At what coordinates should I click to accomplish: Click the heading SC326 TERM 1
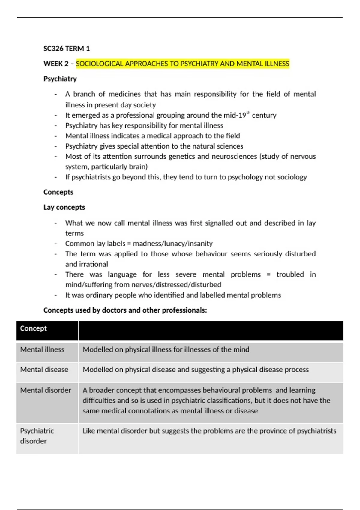click(67, 49)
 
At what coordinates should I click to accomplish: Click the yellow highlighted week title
click(182, 64)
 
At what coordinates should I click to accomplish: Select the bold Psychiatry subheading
click(60, 79)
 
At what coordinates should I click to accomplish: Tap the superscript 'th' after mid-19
click(248, 113)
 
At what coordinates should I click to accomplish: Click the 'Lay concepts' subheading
click(64, 207)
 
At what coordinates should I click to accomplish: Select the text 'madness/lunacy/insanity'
click(173, 244)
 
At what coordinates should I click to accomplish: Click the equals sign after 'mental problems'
click(268, 275)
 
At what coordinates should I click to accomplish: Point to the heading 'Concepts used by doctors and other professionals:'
click(125, 310)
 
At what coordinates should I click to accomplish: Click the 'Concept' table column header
click(33, 328)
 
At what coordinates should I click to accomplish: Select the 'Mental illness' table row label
click(42, 349)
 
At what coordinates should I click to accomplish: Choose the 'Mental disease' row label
click(44, 370)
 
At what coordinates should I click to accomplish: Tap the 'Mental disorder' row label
click(46, 390)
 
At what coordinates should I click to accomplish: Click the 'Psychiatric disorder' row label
click(37, 436)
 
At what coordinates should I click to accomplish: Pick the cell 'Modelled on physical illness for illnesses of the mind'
click(166, 349)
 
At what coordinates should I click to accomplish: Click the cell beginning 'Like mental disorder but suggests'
click(209, 431)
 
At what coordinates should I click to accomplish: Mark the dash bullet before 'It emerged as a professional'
click(56, 115)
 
